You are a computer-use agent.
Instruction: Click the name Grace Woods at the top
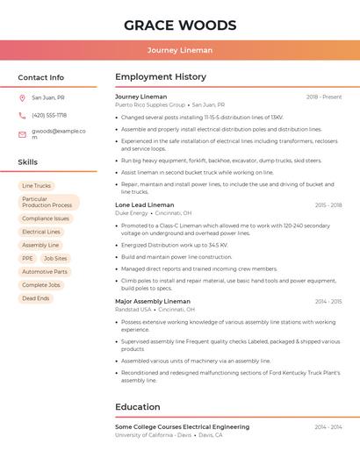point(180,25)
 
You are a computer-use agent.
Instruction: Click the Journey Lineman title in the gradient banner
point(180,50)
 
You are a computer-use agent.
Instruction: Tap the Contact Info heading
point(40,77)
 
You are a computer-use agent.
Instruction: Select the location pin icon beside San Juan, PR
point(22,98)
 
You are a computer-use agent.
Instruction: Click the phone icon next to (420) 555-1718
point(22,115)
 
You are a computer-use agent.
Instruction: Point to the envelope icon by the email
point(22,134)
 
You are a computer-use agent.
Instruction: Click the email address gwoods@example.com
point(58,134)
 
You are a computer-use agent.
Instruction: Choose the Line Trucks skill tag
point(37,186)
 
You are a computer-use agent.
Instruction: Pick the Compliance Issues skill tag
point(46,218)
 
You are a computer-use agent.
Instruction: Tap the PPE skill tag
point(27,259)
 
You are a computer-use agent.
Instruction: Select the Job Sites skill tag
point(55,259)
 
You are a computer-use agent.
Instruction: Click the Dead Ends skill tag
point(36,298)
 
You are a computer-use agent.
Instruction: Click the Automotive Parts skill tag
point(45,272)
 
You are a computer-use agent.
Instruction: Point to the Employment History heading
point(161,77)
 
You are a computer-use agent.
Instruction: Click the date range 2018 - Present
point(324,97)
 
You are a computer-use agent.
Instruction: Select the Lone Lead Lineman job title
point(145,205)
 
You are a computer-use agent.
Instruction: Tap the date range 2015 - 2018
point(328,205)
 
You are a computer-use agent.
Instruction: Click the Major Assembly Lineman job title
point(153,302)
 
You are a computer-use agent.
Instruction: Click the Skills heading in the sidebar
point(27,162)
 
